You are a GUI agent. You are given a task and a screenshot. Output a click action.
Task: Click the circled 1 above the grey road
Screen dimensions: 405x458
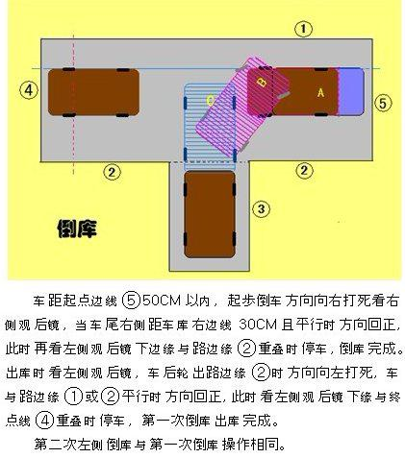click(303, 29)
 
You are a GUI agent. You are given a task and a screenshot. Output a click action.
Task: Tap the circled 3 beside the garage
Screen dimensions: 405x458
click(262, 209)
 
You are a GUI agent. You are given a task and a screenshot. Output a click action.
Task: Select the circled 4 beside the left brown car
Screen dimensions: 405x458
click(29, 90)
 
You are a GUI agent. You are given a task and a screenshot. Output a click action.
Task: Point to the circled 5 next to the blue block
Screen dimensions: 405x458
click(383, 103)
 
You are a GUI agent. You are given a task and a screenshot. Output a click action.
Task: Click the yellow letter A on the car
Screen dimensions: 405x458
click(320, 93)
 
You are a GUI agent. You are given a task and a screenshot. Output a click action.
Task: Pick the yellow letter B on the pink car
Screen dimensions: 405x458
click(263, 83)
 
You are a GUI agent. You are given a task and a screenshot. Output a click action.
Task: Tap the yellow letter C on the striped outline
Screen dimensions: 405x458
click(210, 101)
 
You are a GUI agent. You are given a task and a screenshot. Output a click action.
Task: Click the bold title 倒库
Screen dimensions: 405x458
click(77, 229)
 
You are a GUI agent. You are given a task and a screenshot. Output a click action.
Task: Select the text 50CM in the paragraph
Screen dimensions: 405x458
click(162, 301)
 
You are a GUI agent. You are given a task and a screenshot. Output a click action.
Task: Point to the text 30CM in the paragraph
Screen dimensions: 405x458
click(258, 325)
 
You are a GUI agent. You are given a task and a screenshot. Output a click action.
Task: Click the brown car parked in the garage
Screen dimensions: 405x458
click(210, 214)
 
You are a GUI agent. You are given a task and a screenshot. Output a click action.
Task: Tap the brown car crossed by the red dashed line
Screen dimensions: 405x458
click(93, 92)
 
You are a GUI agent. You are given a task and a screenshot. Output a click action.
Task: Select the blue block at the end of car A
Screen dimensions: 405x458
click(351, 92)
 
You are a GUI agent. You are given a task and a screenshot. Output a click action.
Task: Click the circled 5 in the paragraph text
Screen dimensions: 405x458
click(132, 301)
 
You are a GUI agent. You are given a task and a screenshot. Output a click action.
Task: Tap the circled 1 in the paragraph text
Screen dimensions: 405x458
click(74, 397)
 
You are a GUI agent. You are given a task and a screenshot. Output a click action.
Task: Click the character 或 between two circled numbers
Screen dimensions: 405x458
click(91, 397)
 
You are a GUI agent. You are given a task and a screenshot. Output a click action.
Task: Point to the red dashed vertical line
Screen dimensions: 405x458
click(74, 104)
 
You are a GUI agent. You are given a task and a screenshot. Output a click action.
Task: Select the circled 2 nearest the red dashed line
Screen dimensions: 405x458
click(112, 172)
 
